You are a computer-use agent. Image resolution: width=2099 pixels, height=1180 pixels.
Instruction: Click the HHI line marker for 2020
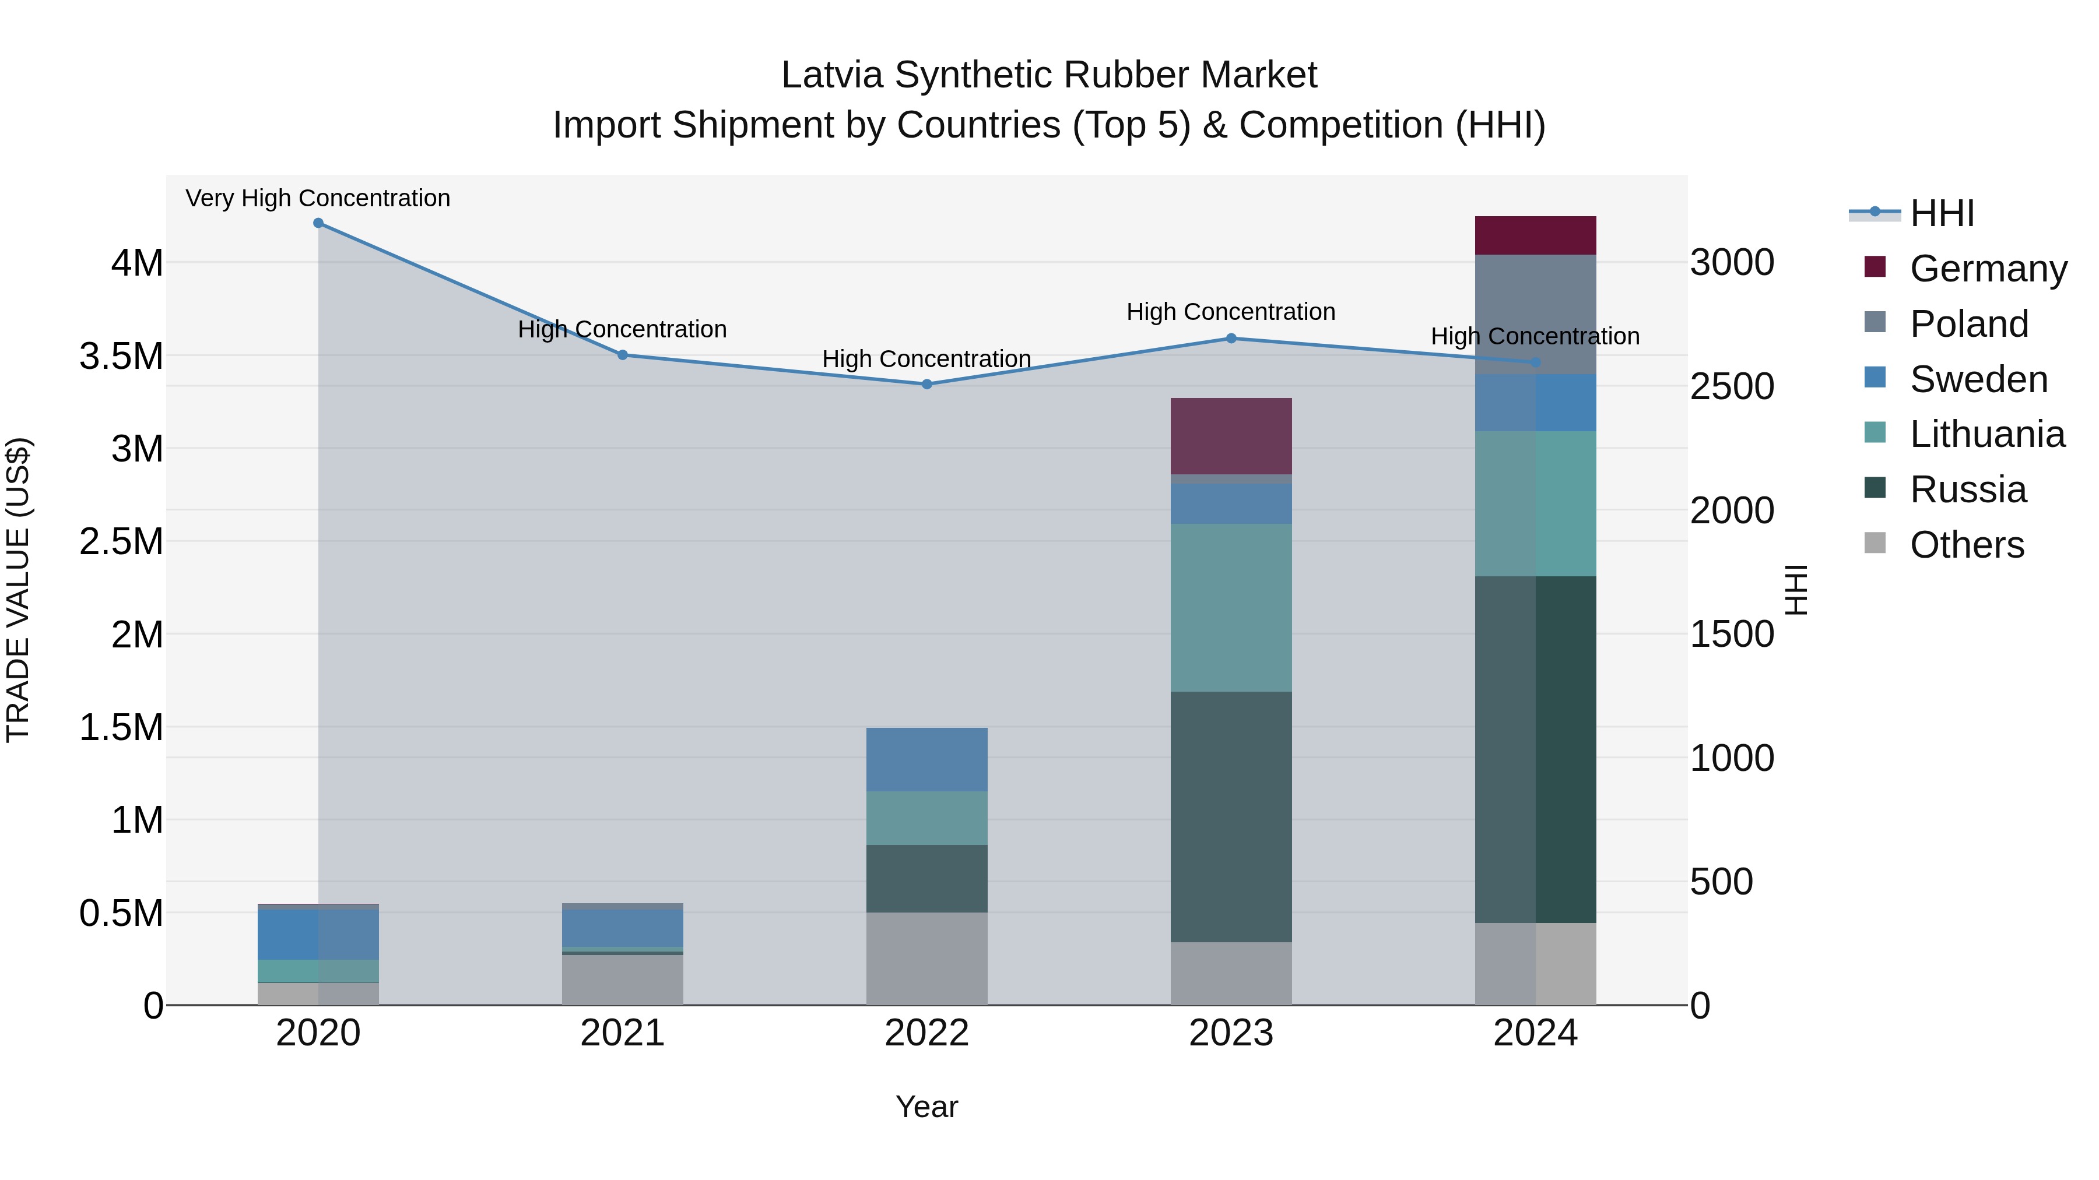click(x=318, y=223)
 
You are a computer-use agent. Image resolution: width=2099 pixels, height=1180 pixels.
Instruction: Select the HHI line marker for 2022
click(x=926, y=385)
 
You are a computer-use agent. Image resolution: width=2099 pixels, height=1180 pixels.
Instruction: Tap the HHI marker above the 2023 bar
click(x=1231, y=339)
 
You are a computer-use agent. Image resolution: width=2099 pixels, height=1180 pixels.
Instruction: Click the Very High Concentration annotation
click(x=318, y=198)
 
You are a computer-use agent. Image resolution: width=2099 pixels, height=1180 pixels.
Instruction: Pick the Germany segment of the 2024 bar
click(x=1535, y=235)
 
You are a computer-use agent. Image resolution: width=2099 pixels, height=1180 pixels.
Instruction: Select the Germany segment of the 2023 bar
click(x=1231, y=436)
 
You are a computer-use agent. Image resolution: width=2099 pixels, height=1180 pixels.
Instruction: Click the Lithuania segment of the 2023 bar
click(x=1231, y=608)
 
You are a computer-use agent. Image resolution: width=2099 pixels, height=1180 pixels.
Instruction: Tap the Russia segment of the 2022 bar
click(x=926, y=878)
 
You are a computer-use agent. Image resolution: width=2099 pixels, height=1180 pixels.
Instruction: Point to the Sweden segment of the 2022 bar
click(x=926, y=759)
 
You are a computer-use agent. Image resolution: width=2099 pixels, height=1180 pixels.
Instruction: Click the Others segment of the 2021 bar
click(x=623, y=980)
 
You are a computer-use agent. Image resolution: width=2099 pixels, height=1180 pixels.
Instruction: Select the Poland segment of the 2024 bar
click(x=1535, y=314)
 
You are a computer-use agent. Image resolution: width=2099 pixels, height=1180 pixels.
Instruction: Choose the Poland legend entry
click(x=1968, y=323)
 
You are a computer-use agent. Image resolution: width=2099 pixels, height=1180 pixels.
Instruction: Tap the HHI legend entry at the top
click(x=1942, y=213)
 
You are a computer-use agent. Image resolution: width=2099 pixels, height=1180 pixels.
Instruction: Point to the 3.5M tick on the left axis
click(x=121, y=356)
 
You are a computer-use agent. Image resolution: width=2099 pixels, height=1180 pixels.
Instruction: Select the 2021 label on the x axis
click(x=623, y=1033)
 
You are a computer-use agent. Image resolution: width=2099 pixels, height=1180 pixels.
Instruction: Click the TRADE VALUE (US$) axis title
click(x=18, y=590)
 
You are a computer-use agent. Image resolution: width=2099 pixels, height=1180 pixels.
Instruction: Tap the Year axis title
click(x=926, y=1107)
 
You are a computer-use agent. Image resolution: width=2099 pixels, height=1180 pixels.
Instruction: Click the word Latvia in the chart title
click(x=832, y=75)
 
